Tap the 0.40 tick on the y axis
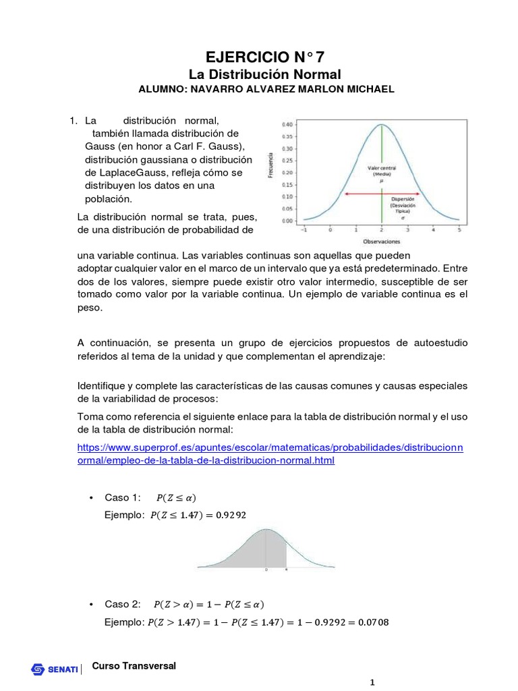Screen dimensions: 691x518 coord(287,125)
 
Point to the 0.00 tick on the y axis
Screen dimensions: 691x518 coord(287,221)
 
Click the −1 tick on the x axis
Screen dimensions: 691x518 coord(304,230)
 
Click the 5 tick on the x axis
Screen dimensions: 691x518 coord(459,230)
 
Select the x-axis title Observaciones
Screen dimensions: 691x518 coord(381,241)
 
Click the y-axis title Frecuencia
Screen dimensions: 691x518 coord(270,165)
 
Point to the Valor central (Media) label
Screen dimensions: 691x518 coord(382,171)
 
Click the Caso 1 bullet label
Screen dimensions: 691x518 coord(123,498)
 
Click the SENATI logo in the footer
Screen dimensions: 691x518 coord(55,669)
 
